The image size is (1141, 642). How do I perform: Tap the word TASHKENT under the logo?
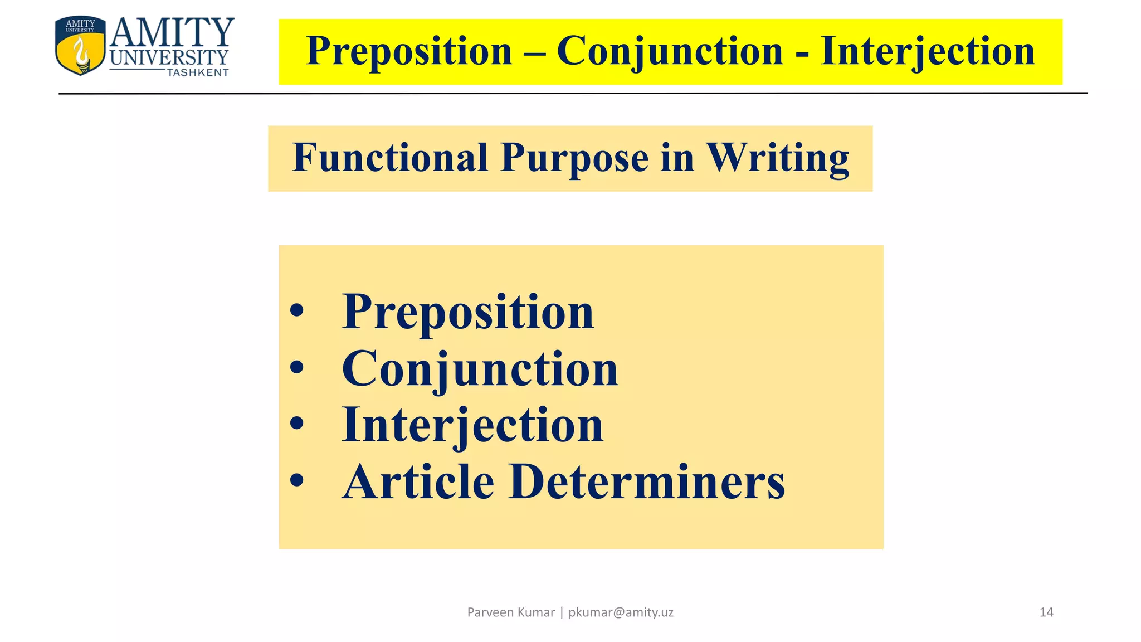click(198, 73)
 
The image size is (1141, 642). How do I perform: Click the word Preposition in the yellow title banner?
click(409, 51)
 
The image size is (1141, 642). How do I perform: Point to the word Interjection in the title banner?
click(927, 51)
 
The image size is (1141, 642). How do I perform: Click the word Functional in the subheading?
click(390, 158)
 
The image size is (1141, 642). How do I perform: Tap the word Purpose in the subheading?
click(574, 158)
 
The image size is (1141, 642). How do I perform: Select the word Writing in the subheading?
click(778, 158)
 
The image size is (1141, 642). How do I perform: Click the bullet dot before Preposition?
click(297, 310)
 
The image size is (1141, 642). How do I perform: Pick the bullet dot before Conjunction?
click(297, 367)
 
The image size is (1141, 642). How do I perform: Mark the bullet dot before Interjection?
click(297, 424)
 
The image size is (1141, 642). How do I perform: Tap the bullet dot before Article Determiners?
click(297, 480)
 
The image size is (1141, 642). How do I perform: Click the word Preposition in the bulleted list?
click(468, 312)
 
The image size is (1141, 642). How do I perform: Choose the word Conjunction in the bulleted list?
click(480, 369)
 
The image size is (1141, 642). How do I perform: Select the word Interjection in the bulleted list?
click(472, 425)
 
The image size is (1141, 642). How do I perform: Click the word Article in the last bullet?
click(418, 481)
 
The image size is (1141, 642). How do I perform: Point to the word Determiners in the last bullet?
click(647, 481)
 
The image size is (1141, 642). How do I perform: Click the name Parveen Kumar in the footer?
click(511, 612)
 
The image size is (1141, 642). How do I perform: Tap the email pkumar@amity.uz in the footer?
click(621, 612)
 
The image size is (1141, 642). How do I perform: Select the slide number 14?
click(1046, 612)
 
